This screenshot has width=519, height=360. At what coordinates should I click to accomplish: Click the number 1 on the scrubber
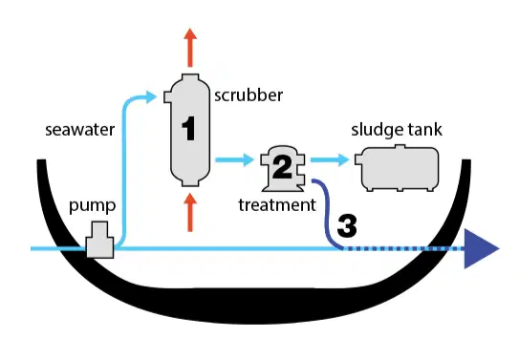(188, 128)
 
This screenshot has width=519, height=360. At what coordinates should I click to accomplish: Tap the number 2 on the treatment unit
(282, 167)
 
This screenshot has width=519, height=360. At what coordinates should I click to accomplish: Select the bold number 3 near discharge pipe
(347, 225)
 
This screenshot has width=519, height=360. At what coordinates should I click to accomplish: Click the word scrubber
(249, 95)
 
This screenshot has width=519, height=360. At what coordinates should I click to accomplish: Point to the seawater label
(80, 130)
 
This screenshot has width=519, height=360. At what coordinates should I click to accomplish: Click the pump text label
(93, 205)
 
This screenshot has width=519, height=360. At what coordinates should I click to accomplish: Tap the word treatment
(277, 205)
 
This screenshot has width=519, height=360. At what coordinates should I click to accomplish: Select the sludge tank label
(397, 129)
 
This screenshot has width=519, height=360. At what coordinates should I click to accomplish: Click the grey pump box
(100, 240)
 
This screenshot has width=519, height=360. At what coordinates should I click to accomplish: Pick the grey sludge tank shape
(398, 168)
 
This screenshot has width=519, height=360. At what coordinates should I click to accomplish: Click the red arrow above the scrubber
(190, 48)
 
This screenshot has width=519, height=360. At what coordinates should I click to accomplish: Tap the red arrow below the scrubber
(190, 212)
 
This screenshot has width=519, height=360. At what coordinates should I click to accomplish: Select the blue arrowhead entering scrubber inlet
(151, 96)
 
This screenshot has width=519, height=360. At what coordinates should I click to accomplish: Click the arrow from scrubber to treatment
(235, 160)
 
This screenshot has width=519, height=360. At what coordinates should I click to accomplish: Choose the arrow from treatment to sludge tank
(330, 160)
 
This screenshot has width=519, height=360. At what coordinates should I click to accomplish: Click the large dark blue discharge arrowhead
(480, 248)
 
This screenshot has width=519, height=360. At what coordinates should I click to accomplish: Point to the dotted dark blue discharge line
(403, 248)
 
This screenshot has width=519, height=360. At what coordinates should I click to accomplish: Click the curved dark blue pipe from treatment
(326, 212)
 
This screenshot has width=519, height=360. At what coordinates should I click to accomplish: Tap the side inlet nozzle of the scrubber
(168, 97)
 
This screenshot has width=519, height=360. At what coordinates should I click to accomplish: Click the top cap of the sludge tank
(400, 147)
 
